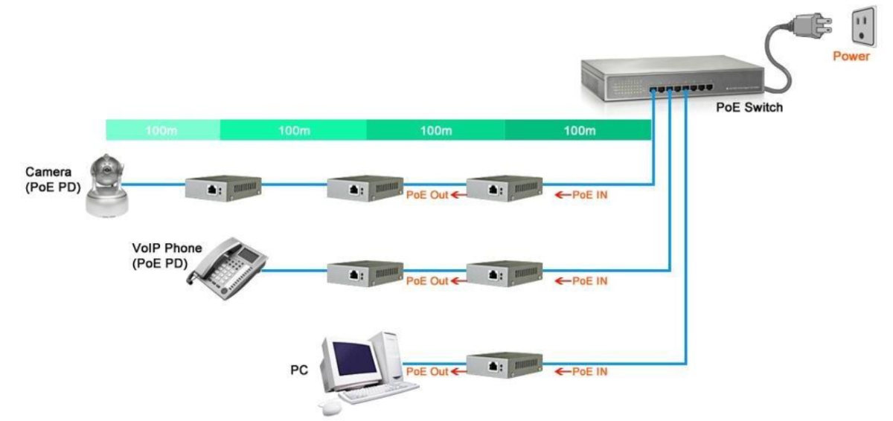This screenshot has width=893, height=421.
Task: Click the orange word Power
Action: tap(851, 56)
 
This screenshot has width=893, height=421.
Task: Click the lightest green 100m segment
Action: tap(163, 131)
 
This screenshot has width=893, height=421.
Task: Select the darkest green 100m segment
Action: tap(578, 131)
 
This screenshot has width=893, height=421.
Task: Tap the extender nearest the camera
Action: tap(223, 189)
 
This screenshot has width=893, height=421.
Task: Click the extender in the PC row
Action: tap(504, 364)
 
